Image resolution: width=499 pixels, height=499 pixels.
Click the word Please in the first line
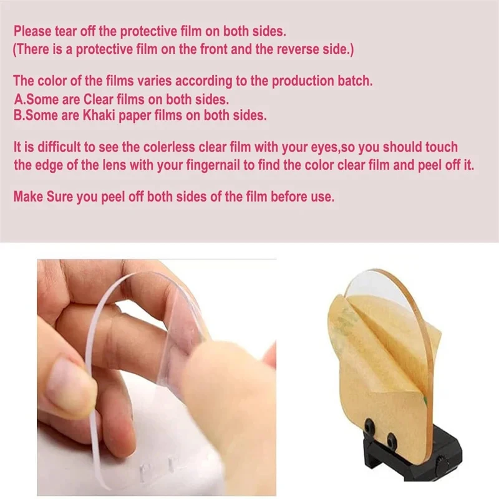coord(32,32)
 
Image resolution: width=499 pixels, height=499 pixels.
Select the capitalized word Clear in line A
coord(99,100)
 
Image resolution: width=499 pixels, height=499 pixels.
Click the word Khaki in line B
coord(99,115)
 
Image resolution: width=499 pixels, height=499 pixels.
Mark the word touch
coord(442,147)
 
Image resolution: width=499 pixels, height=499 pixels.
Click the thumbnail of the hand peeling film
coord(157,377)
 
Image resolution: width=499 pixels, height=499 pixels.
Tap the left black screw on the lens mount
coord(370,425)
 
